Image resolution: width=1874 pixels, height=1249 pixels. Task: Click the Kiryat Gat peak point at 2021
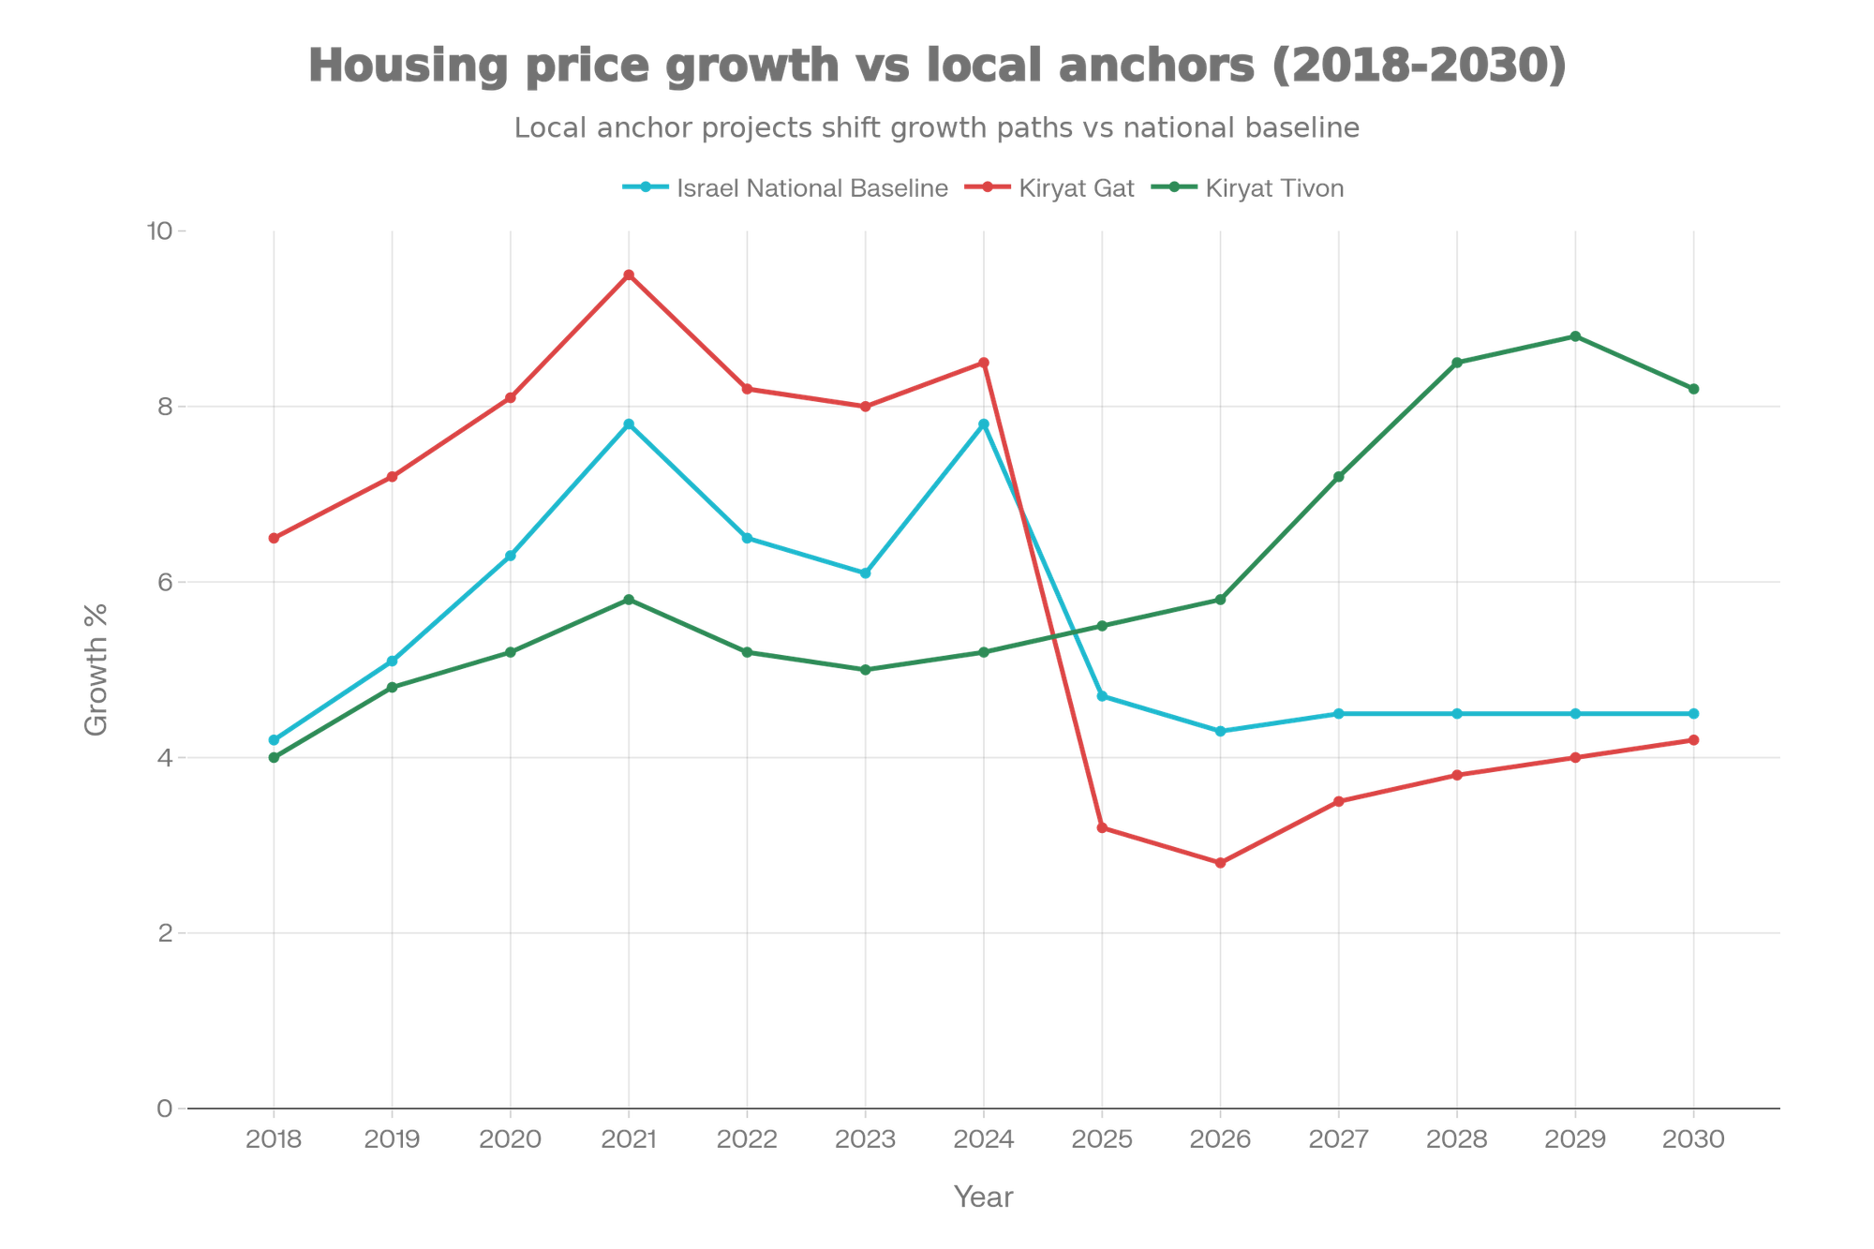[629, 275]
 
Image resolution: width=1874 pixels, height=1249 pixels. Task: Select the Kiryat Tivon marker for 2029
[1575, 336]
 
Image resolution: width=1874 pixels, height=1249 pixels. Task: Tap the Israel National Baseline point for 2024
[984, 424]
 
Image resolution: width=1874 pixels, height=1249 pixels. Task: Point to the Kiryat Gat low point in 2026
[1220, 863]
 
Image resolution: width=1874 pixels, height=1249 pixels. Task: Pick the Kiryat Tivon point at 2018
[274, 757]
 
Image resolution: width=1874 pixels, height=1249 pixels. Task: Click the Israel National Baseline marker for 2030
[1693, 714]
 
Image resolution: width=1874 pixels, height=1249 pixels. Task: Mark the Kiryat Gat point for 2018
[274, 538]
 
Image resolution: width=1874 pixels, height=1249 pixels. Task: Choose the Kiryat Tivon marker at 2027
[1338, 477]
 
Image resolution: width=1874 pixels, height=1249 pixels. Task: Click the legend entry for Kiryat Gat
[1076, 188]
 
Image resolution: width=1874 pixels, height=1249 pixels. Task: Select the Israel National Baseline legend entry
[811, 188]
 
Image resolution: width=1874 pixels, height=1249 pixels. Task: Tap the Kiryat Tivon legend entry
[1274, 188]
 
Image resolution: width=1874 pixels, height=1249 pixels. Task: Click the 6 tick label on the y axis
[167, 582]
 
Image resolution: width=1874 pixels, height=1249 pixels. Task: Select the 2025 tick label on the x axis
[1102, 1139]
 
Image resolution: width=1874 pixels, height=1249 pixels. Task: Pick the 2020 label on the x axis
[510, 1139]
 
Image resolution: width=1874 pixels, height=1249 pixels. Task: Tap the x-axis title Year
[983, 1197]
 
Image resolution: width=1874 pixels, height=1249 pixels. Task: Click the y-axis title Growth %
[97, 669]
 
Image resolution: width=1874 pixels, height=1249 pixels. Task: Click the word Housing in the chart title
[408, 67]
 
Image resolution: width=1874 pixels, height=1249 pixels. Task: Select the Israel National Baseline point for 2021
[629, 424]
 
